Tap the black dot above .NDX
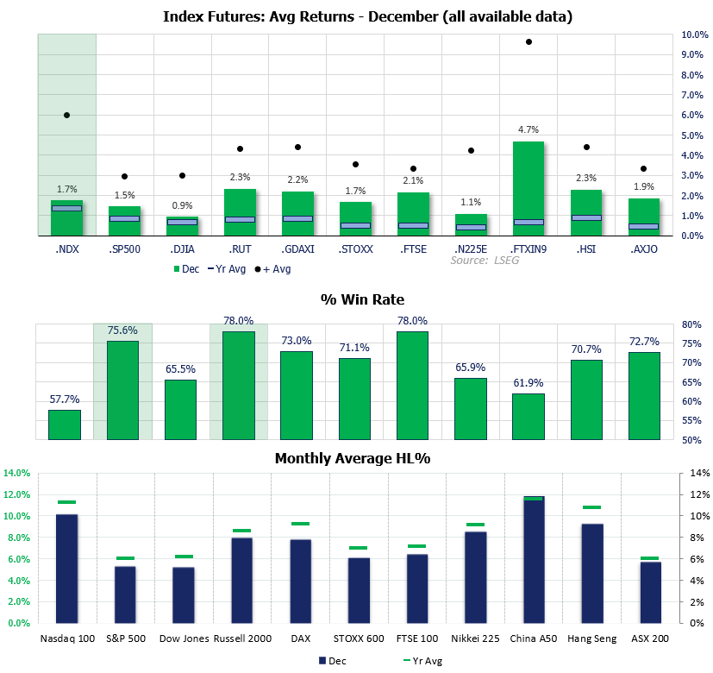coord(66,115)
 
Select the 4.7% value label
coord(528,130)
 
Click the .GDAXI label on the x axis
coord(297,250)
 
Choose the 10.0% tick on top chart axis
coord(672,35)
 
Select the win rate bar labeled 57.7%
coord(65,425)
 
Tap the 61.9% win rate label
coord(528,382)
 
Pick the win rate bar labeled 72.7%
coord(644,395)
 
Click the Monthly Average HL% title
coord(352,458)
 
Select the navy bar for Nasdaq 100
coord(66,568)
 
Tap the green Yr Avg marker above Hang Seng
coord(586,507)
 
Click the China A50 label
coord(527,638)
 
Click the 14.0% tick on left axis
coord(17,473)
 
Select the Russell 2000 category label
coord(241,638)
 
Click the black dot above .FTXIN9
coord(528,41)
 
